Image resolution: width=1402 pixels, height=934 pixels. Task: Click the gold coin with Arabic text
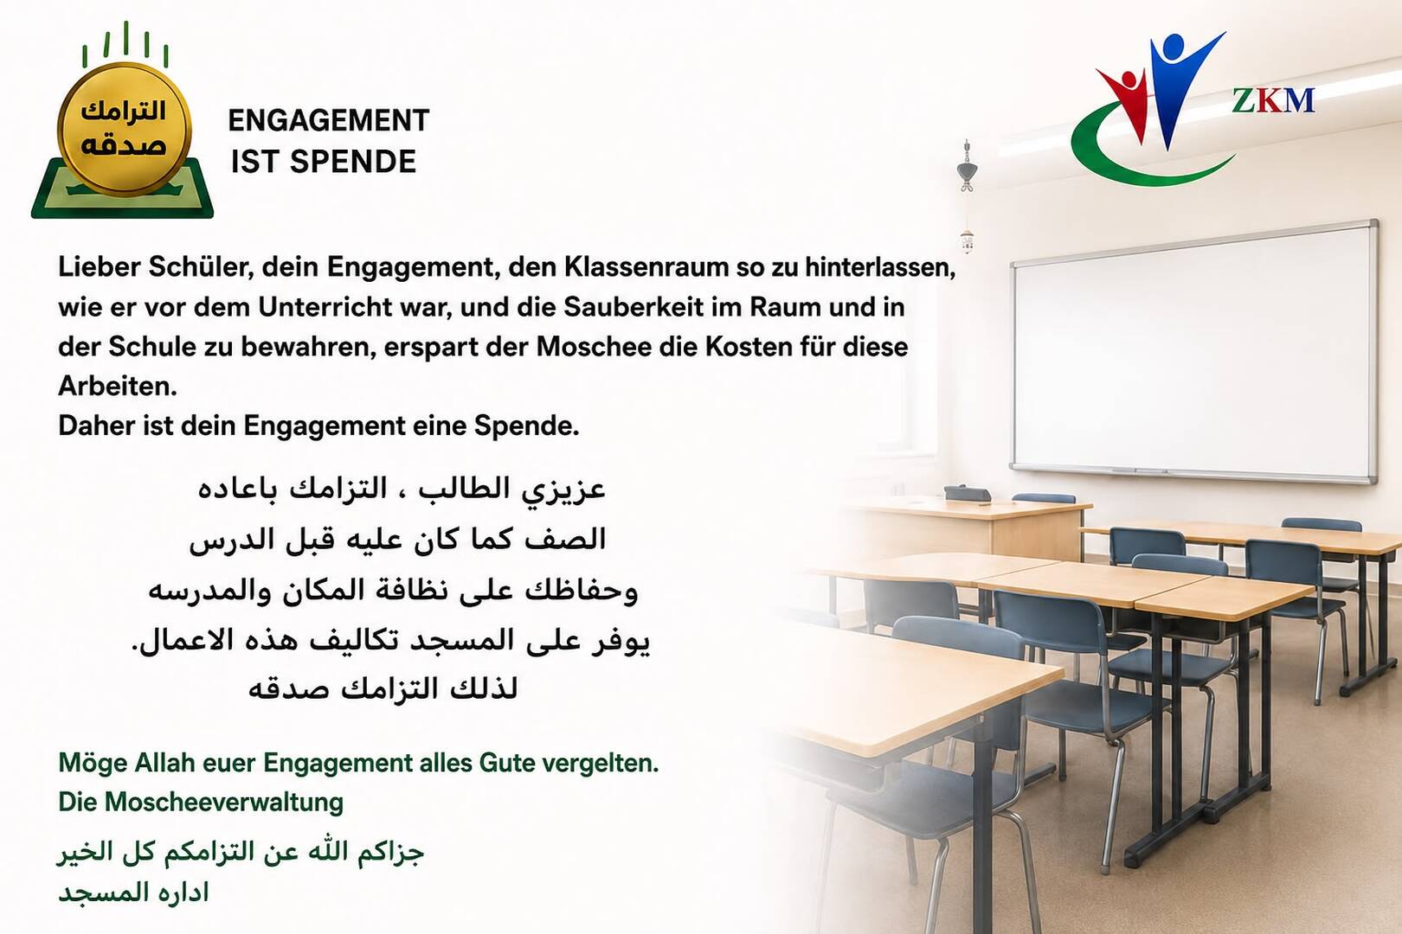point(124,128)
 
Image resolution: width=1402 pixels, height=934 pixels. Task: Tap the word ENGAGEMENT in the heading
point(329,121)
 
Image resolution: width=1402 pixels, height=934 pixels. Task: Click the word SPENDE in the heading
point(353,162)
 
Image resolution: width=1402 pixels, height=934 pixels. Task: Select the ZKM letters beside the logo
point(1273,100)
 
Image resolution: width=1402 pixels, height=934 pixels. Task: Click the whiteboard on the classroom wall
point(1194,350)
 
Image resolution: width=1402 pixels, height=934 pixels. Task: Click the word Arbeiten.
point(118,386)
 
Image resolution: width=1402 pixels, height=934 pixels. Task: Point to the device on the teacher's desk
point(967,494)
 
